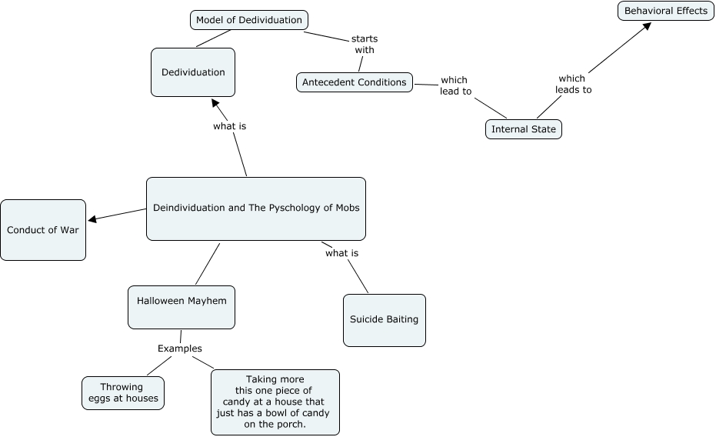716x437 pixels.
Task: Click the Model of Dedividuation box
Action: pos(248,20)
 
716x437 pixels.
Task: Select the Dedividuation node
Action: pos(193,72)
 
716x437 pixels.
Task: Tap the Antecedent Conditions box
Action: pos(354,82)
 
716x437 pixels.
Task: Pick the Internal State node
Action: pos(523,129)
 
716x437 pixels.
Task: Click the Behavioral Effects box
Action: pos(665,11)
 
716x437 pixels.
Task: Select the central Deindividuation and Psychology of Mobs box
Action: pos(255,208)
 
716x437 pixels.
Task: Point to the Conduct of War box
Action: pos(43,230)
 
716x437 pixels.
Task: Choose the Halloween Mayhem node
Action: pos(181,301)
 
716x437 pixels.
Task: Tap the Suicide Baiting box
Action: pos(384,319)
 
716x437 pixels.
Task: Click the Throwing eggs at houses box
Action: pos(122,392)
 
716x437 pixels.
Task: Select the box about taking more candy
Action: pos(275,402)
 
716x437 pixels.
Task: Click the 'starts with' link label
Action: pos(365,45)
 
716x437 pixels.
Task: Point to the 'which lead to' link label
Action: pos(455,85)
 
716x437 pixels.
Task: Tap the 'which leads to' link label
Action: pos(572,84)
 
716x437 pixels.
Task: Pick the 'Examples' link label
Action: pos(179,349)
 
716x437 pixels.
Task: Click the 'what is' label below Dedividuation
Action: pos(229,126)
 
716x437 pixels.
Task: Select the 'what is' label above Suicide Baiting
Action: pos(341,253)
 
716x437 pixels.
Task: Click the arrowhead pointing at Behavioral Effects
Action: pos(647,26)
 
